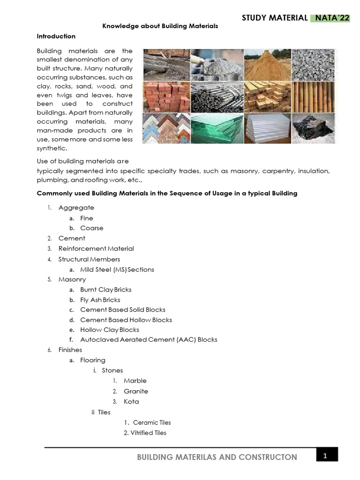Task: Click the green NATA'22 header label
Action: (x=332, y=18)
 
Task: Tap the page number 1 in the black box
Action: (x=327, y=455)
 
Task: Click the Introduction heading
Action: (x=56, y=36)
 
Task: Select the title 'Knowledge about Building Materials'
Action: (x=160, y=26)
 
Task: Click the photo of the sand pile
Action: (x=266, y=65)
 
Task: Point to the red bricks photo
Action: (x=166, y=97)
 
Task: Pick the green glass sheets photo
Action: (x=217, y=127)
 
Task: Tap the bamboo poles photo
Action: (x=314, y=97)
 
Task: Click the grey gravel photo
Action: (x=314, y=65)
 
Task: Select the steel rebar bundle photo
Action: (x=217, y=97)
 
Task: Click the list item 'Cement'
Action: (x=72, y=238)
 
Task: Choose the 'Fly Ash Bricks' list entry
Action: (x=100, y=300)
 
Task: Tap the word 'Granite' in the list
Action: (x=135, y=391)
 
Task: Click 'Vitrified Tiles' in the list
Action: (x=145, y=433)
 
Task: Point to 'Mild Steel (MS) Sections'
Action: (x=117, y=269)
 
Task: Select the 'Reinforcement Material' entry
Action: (x=96, y=248)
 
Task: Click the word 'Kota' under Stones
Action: (x=131, y=401)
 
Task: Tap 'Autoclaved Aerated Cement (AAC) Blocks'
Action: (x=149, y=339)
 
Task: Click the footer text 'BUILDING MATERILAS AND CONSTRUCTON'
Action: (x=217, y=457)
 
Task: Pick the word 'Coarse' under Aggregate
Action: (x=91, y=228)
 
